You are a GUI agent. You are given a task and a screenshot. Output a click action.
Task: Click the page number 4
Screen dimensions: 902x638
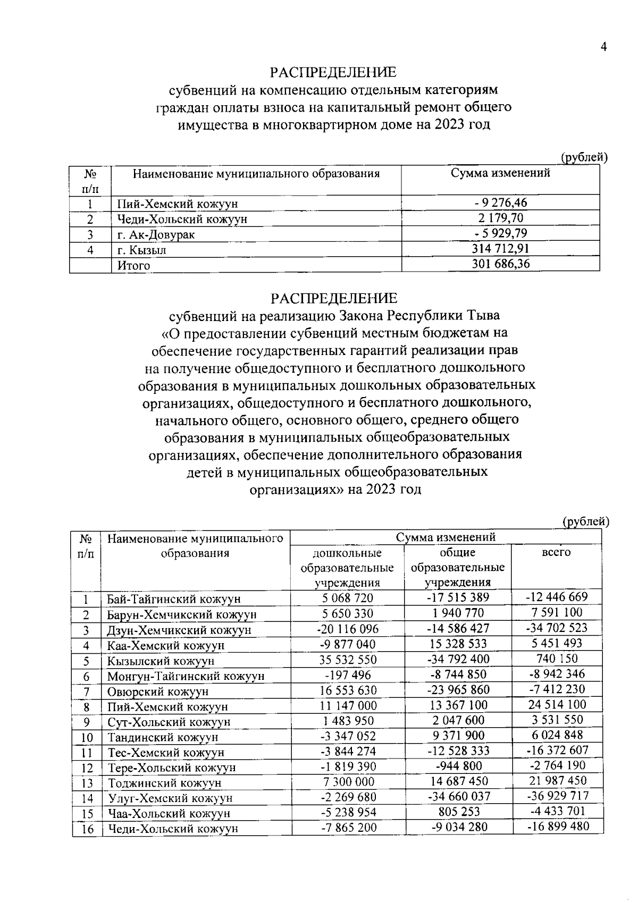[603, 47]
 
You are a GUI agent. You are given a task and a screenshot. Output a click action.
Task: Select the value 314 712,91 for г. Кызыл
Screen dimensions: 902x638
[500, 248]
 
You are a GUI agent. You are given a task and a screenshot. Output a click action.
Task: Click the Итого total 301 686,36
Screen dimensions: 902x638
[500, 264]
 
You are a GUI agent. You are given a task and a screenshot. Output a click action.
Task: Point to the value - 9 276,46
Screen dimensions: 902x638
[500, 203]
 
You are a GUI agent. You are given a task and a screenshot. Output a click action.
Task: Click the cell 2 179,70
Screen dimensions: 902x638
[500, 218]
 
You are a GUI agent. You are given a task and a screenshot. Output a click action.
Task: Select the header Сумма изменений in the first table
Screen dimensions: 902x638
[500, 173]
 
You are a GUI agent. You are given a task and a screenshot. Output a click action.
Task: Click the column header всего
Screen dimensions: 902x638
[556, 553]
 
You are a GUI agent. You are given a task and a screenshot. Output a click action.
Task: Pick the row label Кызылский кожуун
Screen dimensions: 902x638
[161, 661]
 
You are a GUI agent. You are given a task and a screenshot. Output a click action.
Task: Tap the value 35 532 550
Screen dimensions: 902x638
[348, 660]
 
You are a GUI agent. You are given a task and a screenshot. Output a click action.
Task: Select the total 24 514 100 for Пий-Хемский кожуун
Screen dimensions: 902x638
[557, 705]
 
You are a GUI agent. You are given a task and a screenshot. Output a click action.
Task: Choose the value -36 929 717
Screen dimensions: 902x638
[557, 796]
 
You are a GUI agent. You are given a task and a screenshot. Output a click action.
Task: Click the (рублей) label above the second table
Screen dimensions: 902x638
[585, 522]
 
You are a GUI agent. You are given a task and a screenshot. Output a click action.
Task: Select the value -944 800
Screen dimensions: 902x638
[458, 766]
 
